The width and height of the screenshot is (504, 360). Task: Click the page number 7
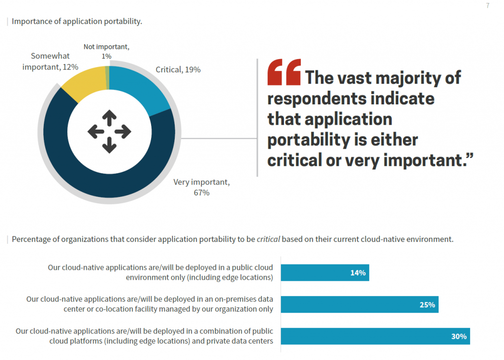(x=487, y=6)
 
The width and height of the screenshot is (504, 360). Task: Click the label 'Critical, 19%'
(x=178, y=70)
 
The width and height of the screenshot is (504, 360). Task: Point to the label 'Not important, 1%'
(x=106, y=51)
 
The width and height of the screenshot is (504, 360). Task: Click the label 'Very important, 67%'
(x=201, y=187)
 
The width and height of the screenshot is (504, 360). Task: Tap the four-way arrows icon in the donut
(x=109, y=131)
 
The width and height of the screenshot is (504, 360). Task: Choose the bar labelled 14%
(x=324, y=272)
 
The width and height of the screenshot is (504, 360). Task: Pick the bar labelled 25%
(x=359, y=304)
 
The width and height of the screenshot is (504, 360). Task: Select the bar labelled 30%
(x=375, y=336)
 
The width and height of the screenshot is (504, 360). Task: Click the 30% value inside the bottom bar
(x=459, y=336)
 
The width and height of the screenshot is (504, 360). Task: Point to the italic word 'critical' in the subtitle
(x=268, y=239)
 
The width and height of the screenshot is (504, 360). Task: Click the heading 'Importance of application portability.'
(x=77, y=21)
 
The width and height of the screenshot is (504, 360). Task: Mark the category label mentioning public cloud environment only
(x=160, y=272)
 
